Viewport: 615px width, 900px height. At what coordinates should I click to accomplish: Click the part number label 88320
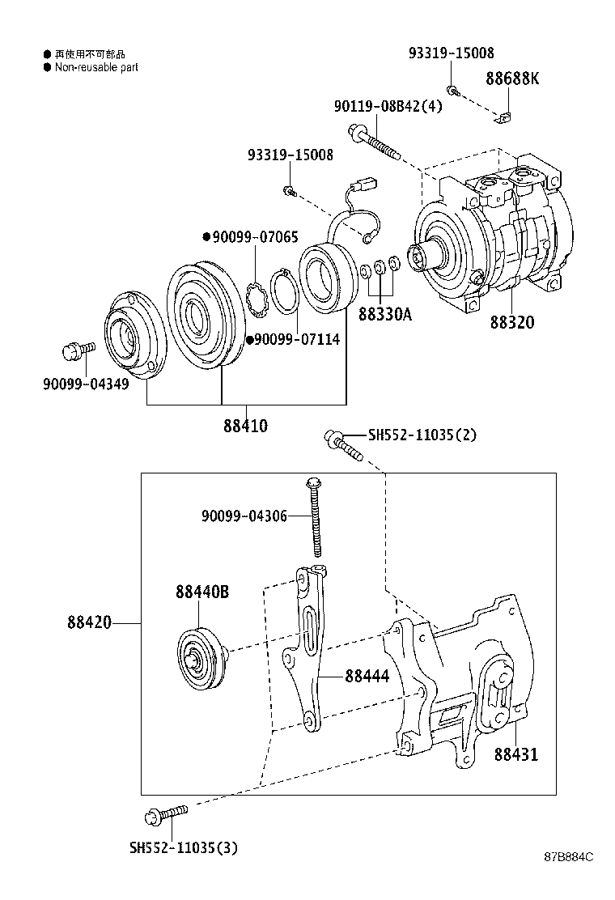coord(511,322)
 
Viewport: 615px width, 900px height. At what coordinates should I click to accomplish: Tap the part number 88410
coord(245,425)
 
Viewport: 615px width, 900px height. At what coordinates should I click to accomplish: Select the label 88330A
coord(384,314)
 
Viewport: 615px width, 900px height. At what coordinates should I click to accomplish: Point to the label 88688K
coord(512,79)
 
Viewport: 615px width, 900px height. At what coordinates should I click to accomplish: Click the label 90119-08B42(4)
coord(388,106)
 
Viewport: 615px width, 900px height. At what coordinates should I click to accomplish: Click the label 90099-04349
coord(86,384)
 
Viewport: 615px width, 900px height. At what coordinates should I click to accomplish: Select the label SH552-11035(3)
coord(184,847)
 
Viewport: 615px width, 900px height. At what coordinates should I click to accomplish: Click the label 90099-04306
coord(244,516)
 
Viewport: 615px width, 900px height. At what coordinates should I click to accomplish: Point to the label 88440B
coord(201,592)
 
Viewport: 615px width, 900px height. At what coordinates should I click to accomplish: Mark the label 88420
coord(89,623)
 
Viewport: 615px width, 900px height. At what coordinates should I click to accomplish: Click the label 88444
coord(367,675)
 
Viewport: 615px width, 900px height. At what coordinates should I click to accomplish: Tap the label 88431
coord(515,754)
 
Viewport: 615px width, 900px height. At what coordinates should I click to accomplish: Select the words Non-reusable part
coord(96,67)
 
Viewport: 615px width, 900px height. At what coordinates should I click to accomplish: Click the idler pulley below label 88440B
coord(199,658)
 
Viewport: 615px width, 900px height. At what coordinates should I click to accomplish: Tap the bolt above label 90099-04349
coord(77,351)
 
